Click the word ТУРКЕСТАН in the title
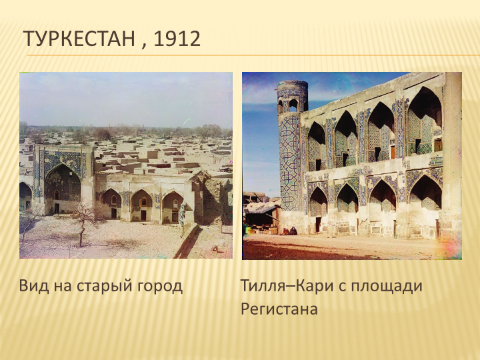[79, 39]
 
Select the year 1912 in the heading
[177, 39]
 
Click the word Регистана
[279, 309]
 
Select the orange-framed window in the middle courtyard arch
[143, 202]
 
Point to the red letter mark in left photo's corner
[215, 249]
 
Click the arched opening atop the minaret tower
[293, 105]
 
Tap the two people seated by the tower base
[289, 231]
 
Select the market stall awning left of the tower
[262, 207]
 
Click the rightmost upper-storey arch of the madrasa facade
[425, 120]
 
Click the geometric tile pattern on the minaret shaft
[289, 161]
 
